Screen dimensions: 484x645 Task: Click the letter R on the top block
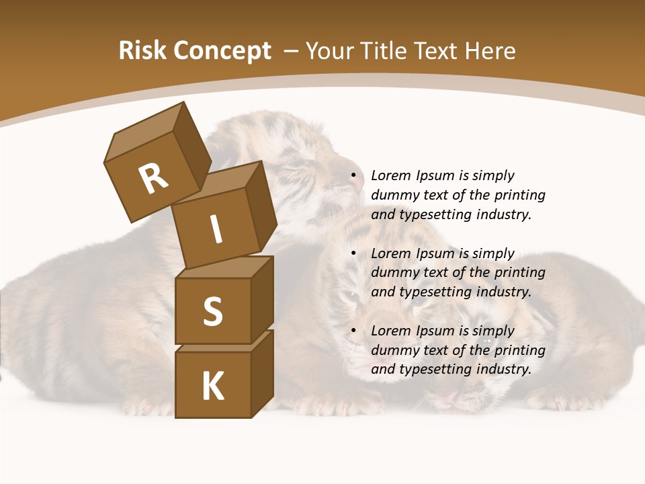(x=153, y=179)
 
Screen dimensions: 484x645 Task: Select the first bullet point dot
(x=353, y=176)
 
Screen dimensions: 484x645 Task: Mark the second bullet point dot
(x=353, y=254)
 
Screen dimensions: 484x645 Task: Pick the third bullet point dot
(x=353, y=331)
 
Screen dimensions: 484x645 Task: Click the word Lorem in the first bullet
(x=390, y=176)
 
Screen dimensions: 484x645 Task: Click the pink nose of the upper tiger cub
(x=359, y=179)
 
